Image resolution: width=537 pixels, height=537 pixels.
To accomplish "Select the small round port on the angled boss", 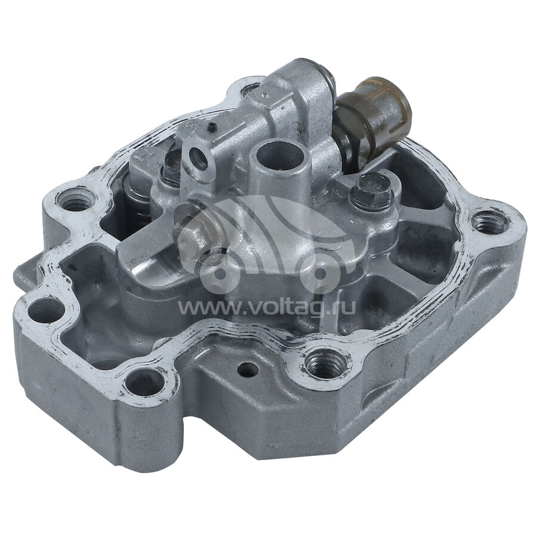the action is tap(199, 158).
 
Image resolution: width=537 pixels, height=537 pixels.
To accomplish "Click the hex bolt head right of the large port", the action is tap(372, 190).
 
